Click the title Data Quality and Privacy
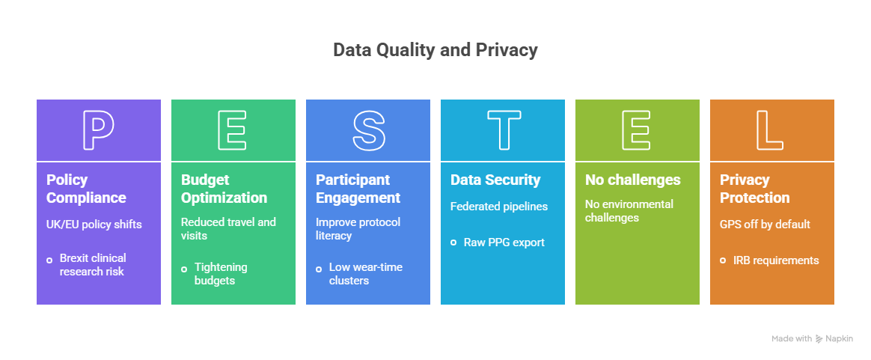[x=435, y=50]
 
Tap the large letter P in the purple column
[x=98, y=130]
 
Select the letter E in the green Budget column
[x=233, y=130]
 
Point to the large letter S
[x=367, y=130]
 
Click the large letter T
[x=502, y=130]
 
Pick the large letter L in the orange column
[x=771, y=130]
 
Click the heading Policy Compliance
[x=86, y=189]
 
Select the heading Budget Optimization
[x=224, y=189]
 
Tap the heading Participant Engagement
[x=358, y=189]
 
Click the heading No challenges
[x=632, y=180]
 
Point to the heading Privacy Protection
[x=754, y=189]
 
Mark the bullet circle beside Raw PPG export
[x=453, y=242]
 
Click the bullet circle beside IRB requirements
[x=723, y=260]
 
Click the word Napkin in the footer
[x=841, y=339]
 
